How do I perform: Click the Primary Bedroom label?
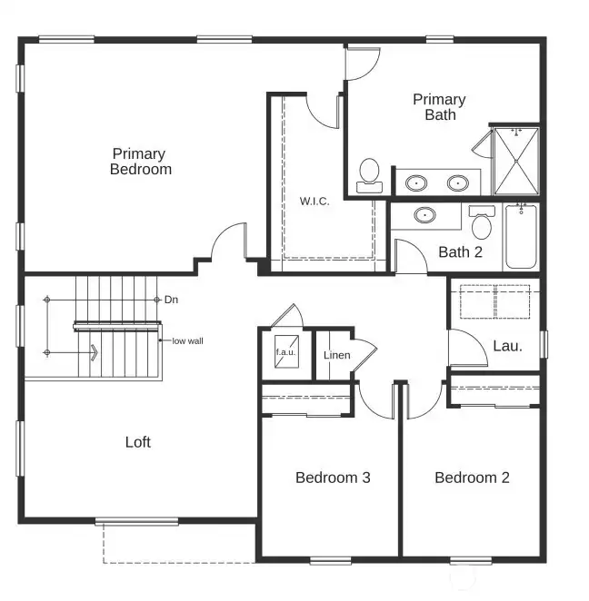pos(141,161)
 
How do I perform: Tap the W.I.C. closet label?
pos(314,201)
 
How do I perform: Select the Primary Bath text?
pos(439,107)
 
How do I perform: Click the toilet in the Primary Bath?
pos(369,173)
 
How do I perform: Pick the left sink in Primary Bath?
pos(417,182)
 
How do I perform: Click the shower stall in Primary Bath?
pos(515,162)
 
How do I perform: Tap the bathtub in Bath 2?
pos(522,238)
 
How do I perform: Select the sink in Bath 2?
pos(424,216)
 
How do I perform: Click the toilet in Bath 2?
pos(482,222)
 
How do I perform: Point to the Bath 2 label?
pos(460,251)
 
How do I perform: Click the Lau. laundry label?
pos(506,345)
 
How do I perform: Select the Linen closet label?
pos(336,354)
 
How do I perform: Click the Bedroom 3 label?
pos(333,478)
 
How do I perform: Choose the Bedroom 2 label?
pos(472,478)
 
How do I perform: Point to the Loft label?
pos(137,442)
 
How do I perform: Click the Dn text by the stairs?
pos(171,299)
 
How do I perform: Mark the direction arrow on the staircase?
pos(93,351)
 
